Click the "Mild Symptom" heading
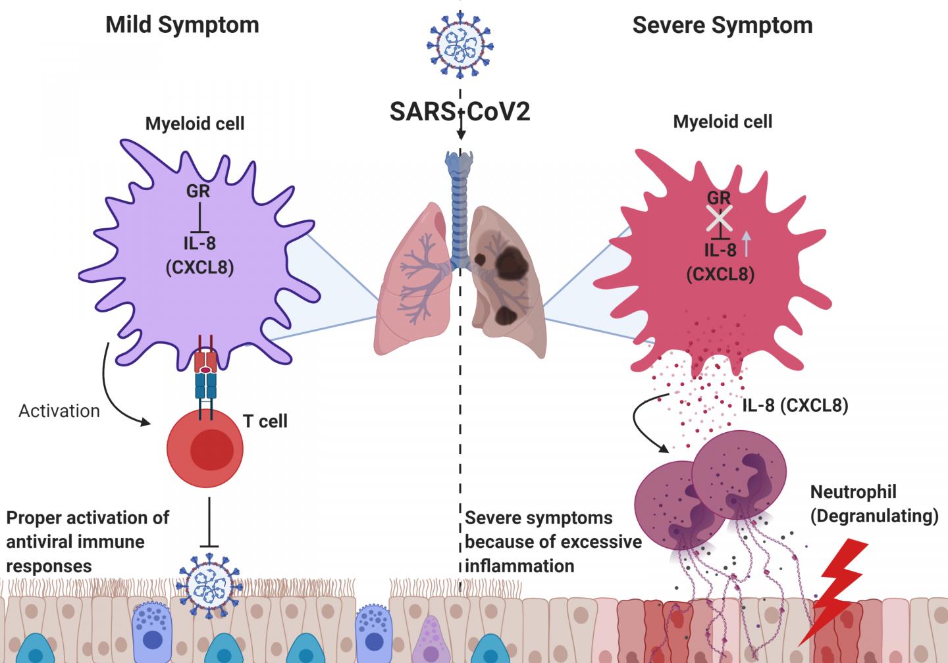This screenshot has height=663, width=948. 182,25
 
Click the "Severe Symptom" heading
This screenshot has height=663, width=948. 722,25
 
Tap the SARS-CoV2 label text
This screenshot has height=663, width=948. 460,112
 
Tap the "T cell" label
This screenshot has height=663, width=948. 265,421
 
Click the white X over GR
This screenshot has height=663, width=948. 719,218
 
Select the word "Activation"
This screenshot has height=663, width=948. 59,411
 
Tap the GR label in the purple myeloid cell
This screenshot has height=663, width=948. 198,191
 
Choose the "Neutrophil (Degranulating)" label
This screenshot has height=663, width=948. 874,504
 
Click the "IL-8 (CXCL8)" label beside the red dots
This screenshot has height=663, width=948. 795,405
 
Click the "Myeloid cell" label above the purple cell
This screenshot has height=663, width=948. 195,123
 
